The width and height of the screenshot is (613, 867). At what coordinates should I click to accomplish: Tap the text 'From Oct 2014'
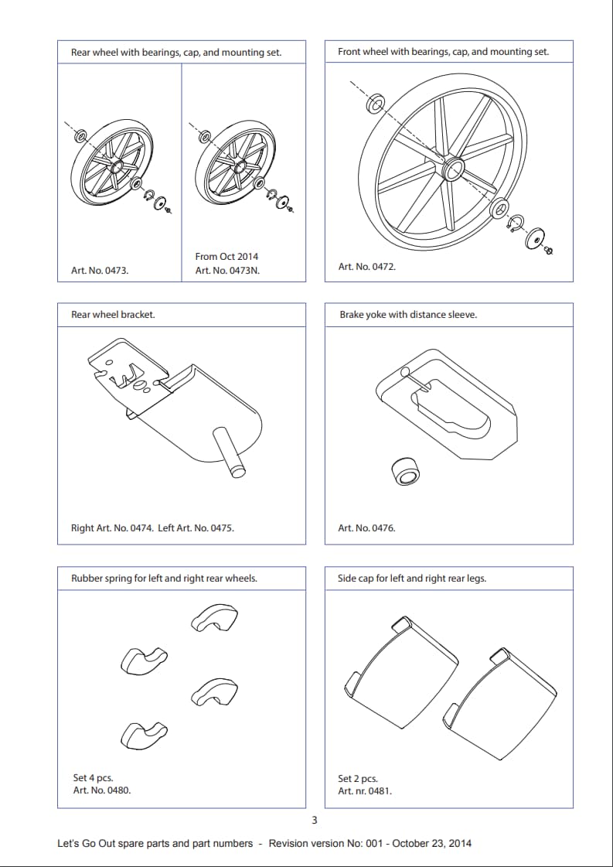(x=226, y=256)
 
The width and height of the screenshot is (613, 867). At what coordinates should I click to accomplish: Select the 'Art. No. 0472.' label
(x=366, y=266)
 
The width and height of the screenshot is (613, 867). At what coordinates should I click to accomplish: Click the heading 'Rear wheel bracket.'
(x=113, y=315)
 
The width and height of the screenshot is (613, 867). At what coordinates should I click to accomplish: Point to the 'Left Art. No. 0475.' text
(x=196, y=528)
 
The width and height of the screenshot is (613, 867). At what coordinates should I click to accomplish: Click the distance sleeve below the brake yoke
(x=407, y=471)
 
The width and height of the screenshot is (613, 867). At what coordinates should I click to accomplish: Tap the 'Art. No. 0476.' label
(x=366, y=528)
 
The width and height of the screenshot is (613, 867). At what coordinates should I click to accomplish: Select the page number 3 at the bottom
(x=314, y=821)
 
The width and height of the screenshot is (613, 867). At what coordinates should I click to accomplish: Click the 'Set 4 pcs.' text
(x=93, y=777)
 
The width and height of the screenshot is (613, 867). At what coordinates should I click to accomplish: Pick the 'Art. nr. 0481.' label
(x=365, y=791)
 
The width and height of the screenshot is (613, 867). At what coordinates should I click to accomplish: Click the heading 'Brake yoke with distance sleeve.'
(x=408, y=315)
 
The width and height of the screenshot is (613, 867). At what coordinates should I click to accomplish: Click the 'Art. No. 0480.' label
(x=102, y=790)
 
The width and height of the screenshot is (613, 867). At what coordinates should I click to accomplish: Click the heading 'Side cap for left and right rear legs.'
(x=412, y=578)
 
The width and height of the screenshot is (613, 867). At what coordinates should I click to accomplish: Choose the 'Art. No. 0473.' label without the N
(x=100, y=271)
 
